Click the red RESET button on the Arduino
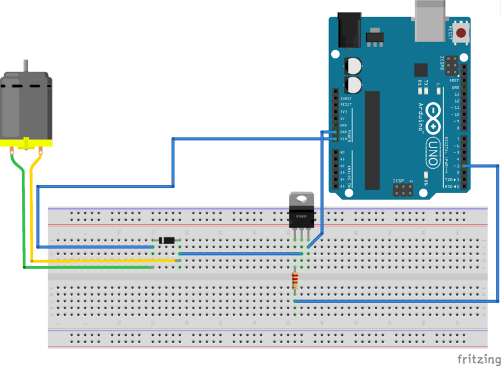coord(461,33)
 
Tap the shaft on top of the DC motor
coord(25,66)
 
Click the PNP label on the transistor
coord(301,216)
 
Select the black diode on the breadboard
coord(167,240)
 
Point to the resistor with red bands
coord(295,280)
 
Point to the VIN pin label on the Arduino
coord(343,139)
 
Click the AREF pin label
coord(454,80)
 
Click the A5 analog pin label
coord(342,186)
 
